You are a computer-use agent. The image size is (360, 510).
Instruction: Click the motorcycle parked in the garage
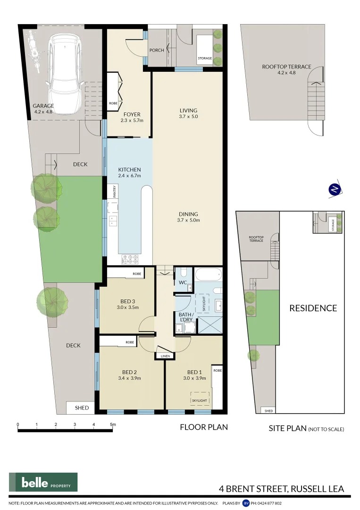[x=33, y=50]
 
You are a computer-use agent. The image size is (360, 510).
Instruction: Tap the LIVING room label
[x=188, y=110]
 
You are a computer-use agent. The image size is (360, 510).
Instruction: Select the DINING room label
[x=188, y=214]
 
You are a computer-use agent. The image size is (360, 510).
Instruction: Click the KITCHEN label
[x=129, y=170]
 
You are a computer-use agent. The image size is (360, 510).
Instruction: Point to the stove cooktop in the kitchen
[x=130, y=259]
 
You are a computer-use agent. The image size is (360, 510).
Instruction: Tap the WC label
[x=183, y=282]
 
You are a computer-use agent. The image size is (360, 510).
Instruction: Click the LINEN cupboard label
[x=165, y=356]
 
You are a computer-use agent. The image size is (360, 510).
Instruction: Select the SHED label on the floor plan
[x=82, y=408]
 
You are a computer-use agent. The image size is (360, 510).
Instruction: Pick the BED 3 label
[x=128, y=301]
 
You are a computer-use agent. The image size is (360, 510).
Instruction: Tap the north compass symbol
[x=335, y=189]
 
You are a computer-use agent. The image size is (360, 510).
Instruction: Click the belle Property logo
[x=43, y=482]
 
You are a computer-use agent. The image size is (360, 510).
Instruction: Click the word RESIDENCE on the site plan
[x=313, y=308]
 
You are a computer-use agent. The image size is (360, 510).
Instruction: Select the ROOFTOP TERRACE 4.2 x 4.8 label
[x=286, y=69]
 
